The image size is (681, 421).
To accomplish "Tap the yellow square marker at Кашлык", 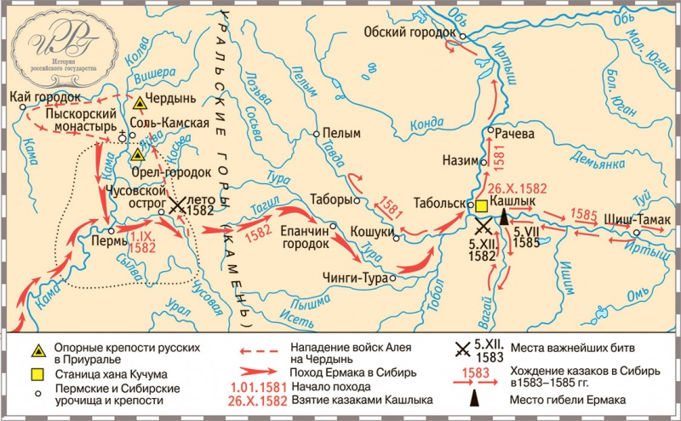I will (481, 205).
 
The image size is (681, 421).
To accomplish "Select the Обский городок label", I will (410, 32).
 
